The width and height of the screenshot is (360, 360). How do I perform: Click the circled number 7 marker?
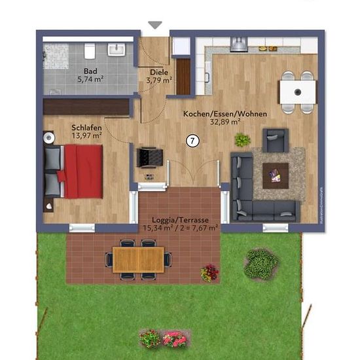192,141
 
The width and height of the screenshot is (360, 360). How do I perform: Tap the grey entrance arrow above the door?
155,25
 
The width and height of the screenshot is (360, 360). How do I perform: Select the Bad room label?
90,71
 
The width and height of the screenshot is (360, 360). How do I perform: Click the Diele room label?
159,72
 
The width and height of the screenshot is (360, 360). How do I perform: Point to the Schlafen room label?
86,128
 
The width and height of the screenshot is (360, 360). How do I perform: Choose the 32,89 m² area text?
225,122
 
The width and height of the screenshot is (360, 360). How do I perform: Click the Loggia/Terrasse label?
180,220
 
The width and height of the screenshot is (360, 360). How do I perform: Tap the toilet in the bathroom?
90,51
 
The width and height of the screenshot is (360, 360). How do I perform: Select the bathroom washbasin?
117,50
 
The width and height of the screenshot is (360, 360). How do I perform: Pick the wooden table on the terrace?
138,260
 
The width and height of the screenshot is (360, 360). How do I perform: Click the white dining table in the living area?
298,92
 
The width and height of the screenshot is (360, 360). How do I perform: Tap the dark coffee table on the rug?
276,176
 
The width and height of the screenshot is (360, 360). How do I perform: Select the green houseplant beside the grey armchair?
242,140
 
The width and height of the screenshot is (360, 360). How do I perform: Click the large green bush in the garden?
261,264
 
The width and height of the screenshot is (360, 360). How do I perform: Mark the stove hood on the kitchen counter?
239,45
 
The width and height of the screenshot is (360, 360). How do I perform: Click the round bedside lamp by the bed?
48,137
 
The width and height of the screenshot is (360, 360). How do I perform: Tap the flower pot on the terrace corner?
210,273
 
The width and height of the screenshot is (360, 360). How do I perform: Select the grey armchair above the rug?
276,140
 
